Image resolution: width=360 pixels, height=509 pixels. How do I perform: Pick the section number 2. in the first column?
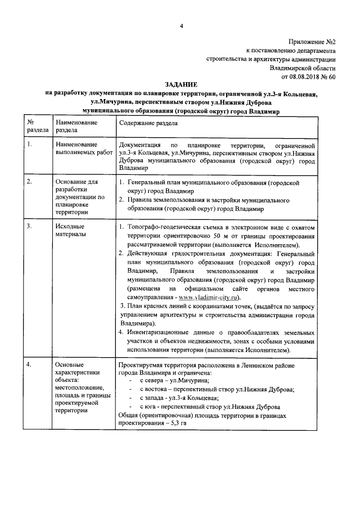[30, 182]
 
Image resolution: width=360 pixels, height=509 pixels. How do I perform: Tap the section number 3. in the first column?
[30, 226]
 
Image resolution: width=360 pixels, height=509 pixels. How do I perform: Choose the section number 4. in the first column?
[30, 365]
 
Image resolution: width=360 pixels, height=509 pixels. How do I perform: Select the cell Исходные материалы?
[70, 230]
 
